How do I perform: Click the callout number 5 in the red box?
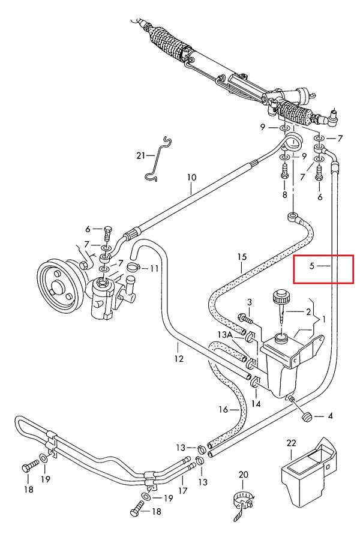click(312, 266)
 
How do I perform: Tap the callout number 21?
click(140, 155)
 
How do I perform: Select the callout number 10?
click(192, 178)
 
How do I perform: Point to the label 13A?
click(224, 334)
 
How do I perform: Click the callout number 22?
click(291, 443)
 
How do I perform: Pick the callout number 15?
click(242, 257)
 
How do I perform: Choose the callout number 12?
click(178, 359)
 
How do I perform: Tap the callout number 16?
click(224, 409)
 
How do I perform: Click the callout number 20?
click(243, 475)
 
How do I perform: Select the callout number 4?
click(330, 416)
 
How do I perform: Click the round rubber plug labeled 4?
click(306, 417)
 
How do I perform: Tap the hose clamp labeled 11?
click(133, 266)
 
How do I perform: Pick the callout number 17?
click(182, 490)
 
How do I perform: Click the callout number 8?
click(284, 194)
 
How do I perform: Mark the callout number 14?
click(256, 404)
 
